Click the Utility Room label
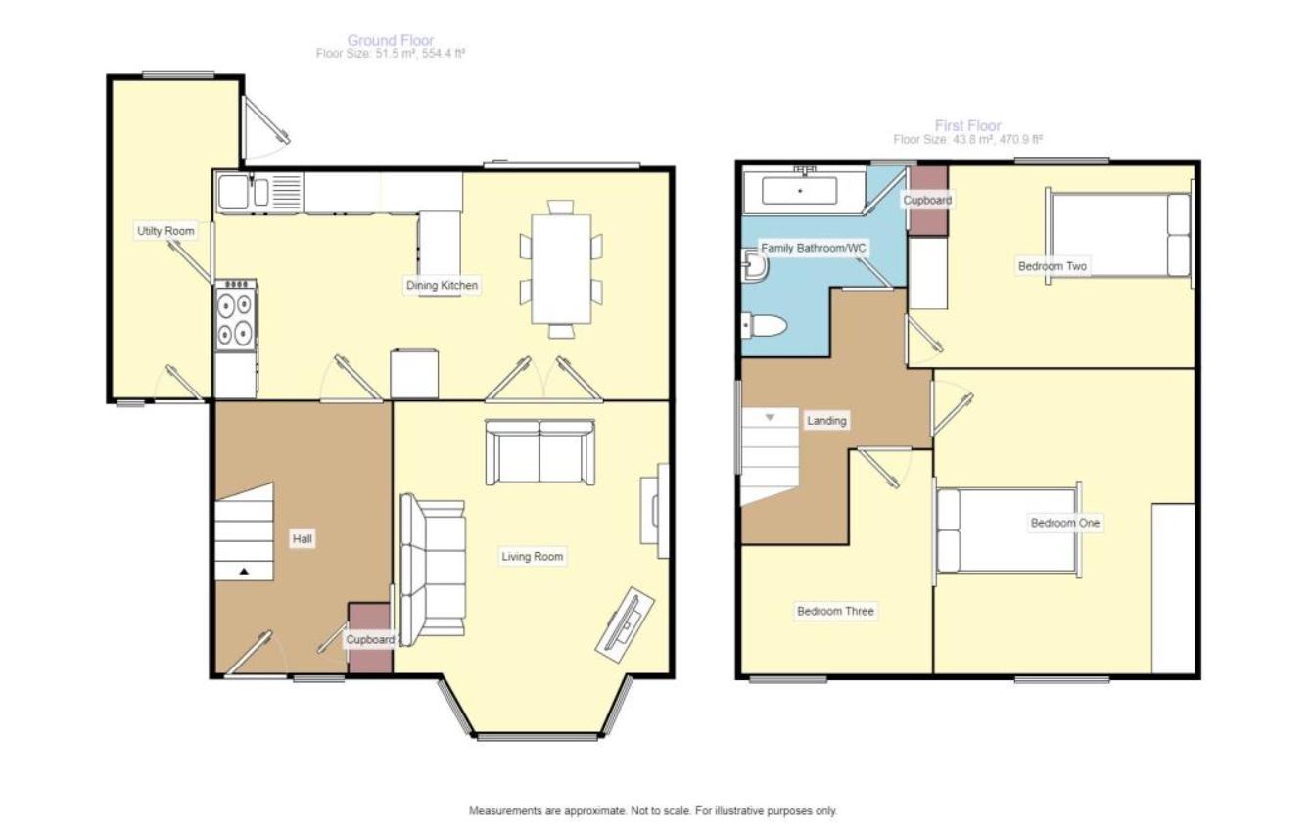tap(165, 231)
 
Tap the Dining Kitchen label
tap(443, 285)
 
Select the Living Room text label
tap(533, 556)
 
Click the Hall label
tap(303, 538)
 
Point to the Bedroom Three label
tap(835, 611)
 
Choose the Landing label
tap(826, 421)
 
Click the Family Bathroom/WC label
tap(813, 248)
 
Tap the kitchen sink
tap(244, 192)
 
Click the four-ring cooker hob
tap(235, 315)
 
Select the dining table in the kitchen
tap(561, 269)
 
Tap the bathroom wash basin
tap(755, 266)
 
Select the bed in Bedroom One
tap(1008, 530)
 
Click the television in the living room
tap(625, 624)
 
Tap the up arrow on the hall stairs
tap(244, 571)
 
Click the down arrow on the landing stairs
tap(770, 418)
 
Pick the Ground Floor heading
tap(391, 40)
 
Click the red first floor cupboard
tap(928, 201)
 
